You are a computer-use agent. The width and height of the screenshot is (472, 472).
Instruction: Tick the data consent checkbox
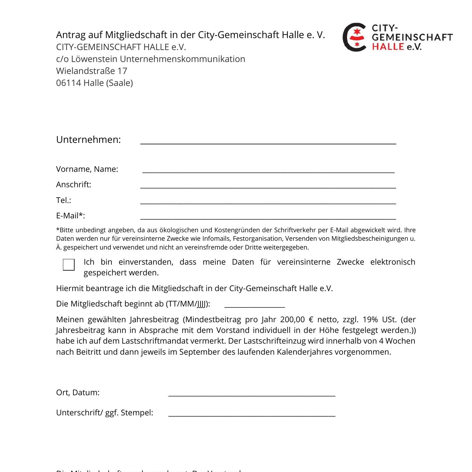coord(69,265)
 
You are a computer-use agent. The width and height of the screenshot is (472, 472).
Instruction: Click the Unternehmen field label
coord(88,139)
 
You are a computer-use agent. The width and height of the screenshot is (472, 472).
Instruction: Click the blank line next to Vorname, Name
coord(268,171)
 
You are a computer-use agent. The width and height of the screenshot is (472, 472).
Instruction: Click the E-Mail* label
coord(70,216)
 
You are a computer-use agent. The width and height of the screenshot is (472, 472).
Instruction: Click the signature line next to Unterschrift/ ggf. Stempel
coord(252,414)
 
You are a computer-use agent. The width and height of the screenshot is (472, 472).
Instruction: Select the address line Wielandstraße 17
coord(92,71)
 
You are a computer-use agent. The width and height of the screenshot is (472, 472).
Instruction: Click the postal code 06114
coord(69,83)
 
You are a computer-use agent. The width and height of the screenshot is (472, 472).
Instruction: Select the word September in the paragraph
coord(200,352)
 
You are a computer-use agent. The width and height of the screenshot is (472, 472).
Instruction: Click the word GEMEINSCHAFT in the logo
coord(412,37)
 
